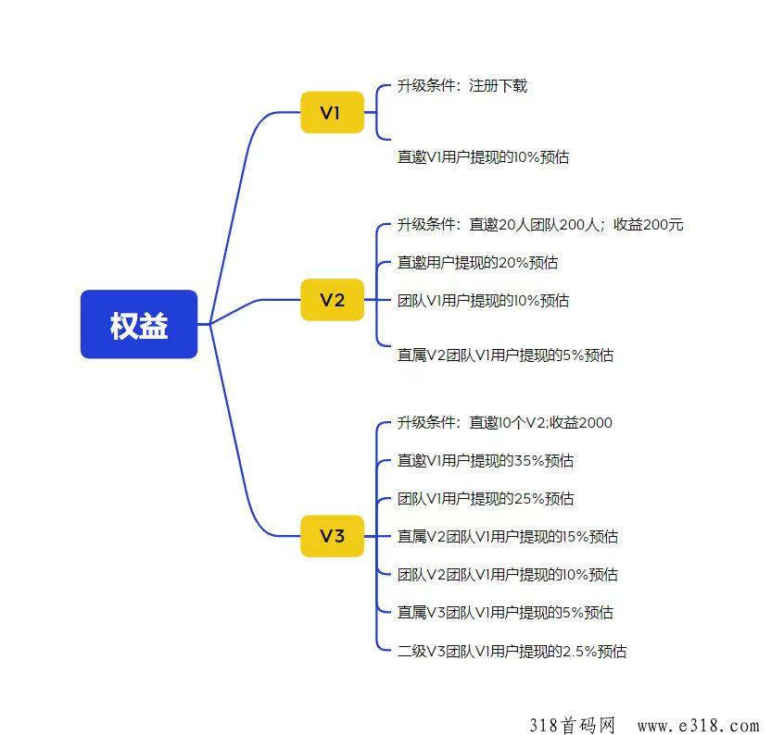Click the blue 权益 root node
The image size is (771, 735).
point(139,324)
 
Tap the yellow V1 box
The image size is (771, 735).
point(333,112)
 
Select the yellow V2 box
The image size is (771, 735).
point(333,300)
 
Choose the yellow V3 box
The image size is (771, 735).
point(333,536)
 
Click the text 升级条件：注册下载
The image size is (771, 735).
point(462,86)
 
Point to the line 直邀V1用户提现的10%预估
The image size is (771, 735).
point(483,157)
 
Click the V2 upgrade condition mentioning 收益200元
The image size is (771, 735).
point(540,225)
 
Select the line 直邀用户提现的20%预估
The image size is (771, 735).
point(477,262)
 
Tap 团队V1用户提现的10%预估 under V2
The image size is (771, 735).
point(483,300)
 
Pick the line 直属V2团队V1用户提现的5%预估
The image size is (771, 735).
point(505,355)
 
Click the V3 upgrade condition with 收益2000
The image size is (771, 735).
point(504,422)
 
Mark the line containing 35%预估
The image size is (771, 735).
point(486,460)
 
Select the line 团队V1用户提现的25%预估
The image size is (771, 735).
point(486,499)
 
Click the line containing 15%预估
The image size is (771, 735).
point(508,537)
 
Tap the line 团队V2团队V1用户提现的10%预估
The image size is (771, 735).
point(508,574)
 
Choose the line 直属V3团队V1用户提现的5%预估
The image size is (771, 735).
point(505,612)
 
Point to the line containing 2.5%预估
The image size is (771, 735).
point(512,651)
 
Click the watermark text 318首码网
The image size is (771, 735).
point(573,725)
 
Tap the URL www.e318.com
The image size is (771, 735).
point(699,726)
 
